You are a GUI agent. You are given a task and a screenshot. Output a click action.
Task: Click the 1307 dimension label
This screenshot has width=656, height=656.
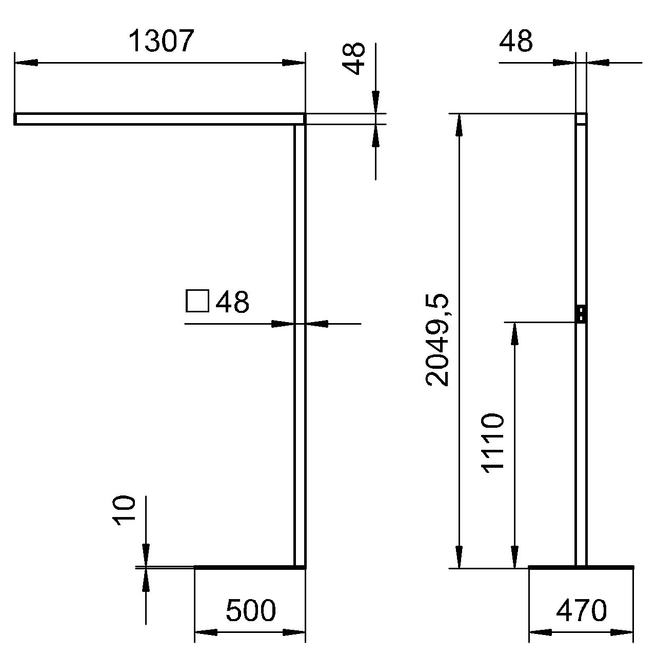162,41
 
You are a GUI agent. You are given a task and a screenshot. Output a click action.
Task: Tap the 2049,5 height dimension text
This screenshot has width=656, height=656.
438,340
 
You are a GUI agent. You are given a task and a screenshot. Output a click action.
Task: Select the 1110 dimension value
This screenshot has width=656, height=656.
492,443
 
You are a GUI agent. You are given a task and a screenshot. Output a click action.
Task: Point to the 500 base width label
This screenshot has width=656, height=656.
251,610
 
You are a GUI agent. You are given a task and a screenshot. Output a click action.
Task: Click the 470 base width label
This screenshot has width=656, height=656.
581,610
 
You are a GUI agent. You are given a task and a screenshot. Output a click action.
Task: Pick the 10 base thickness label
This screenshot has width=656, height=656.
124,511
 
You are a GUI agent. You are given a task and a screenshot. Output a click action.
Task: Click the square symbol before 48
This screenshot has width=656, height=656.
197,301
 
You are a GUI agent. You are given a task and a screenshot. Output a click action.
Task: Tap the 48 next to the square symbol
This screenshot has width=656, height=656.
232,302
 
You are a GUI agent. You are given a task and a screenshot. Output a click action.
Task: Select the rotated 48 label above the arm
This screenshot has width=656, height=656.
353,58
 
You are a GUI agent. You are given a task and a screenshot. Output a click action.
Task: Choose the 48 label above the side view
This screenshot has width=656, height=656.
516,41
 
